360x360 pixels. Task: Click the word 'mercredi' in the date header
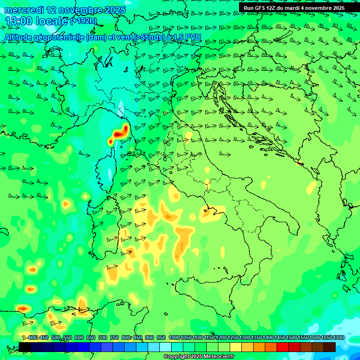pyautogui.click(x=22, y=10)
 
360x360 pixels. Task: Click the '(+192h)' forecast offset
pyautogui.click(x=83, y=21)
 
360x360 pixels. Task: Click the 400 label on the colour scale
pyautogui.click(x=32, y=338)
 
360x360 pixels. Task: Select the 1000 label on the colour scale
pyautogui.click(x=174, y=338)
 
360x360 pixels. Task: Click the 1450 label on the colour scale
pyautogui.click(x=280, y=338)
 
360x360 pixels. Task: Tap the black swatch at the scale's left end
pyautogui.click(x=25, y=347)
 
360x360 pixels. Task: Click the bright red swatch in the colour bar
pyautogui.click(x=283, y=347)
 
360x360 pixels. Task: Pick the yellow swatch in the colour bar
pyautogui.click(x=236, y=347)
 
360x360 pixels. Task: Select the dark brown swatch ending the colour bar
pyautogui.click(x=330, y=347)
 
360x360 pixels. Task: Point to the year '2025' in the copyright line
pyautogui.click(x=196, y=357)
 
